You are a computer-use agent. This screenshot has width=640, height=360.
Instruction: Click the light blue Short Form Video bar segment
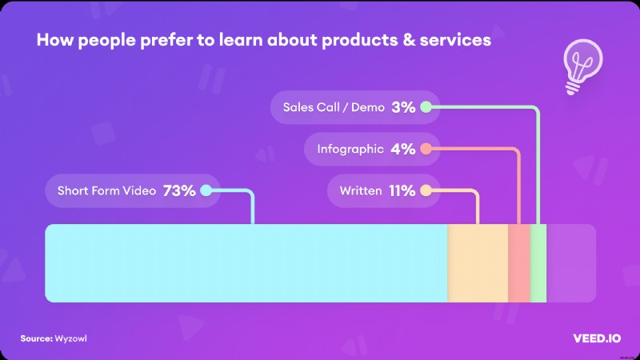246,263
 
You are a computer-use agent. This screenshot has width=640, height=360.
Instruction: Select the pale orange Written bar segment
478,263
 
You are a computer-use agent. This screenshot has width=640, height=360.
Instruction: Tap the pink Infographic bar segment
519,263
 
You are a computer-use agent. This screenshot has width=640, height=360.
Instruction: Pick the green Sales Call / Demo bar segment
538,263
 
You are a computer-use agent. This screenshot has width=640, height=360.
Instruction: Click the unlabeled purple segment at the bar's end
571,263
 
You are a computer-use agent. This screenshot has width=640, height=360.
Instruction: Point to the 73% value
179,191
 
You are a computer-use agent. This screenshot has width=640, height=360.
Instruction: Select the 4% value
403,149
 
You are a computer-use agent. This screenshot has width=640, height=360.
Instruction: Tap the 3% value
403,106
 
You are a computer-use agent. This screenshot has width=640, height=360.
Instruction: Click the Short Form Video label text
106,191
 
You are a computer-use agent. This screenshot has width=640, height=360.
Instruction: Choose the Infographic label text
349,149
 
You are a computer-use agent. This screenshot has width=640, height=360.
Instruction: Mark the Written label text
360,191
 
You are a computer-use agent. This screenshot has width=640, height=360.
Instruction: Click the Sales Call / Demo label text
327,106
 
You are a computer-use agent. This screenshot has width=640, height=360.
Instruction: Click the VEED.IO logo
591,338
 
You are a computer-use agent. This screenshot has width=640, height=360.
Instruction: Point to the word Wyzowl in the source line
72,338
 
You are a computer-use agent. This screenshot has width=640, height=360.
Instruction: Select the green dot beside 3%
426,106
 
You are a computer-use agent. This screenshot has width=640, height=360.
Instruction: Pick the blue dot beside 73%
206,191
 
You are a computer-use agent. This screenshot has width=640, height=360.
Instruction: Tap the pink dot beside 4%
426,149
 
